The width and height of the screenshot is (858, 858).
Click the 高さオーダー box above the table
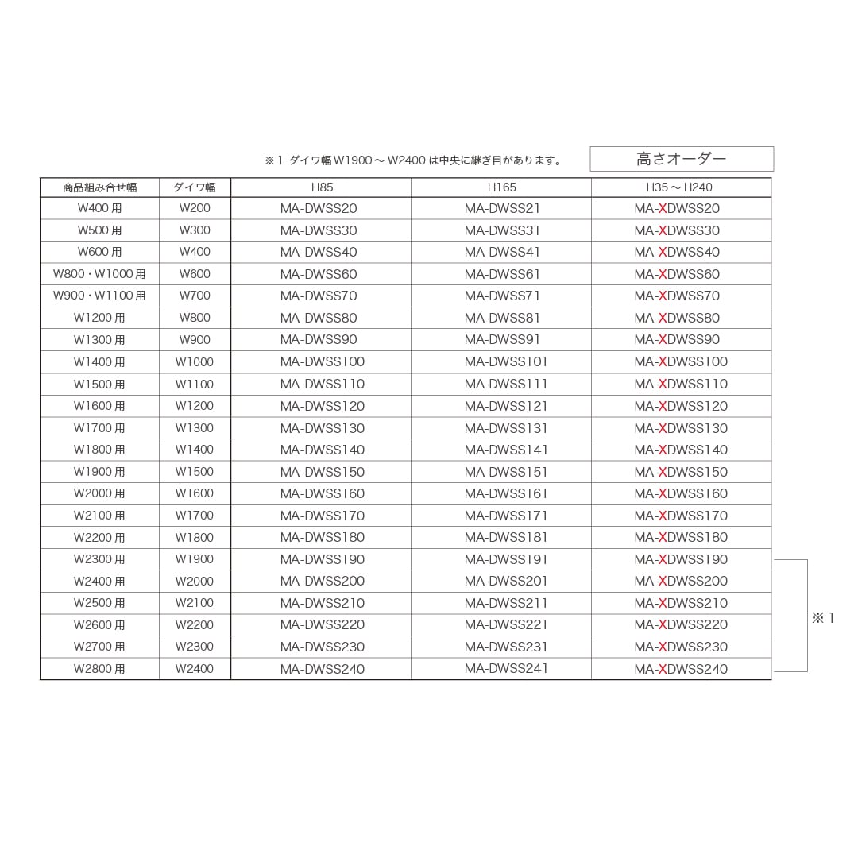[682, 159]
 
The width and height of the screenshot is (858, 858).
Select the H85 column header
[322, 187]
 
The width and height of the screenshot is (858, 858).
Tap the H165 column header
[501, 187]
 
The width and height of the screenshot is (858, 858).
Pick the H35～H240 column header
[680, 187]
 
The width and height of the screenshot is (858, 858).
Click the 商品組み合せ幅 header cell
[99, 187]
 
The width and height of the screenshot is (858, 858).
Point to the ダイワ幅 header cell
[195, 187]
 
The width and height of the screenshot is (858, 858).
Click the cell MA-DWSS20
[319, 208]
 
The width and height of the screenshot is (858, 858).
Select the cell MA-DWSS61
[502, 274]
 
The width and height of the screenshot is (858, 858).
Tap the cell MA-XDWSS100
[681, 361]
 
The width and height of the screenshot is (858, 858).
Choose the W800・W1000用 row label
[99, 274]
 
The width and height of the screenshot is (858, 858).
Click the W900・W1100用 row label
[99, 296]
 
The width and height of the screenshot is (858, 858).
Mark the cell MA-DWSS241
[506, 668]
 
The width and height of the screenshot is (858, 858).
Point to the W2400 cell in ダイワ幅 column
[195, 669]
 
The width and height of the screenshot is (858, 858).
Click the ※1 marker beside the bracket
[823, 617]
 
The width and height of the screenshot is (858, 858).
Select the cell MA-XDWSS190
[681, 559]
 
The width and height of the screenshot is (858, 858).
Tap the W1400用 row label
[99, 361]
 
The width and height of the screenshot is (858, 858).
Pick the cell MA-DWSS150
[322, 471]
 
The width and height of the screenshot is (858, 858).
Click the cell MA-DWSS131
[506, 427]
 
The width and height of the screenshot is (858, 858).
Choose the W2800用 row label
[99, 669]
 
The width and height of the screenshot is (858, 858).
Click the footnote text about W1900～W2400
[414, 160]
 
